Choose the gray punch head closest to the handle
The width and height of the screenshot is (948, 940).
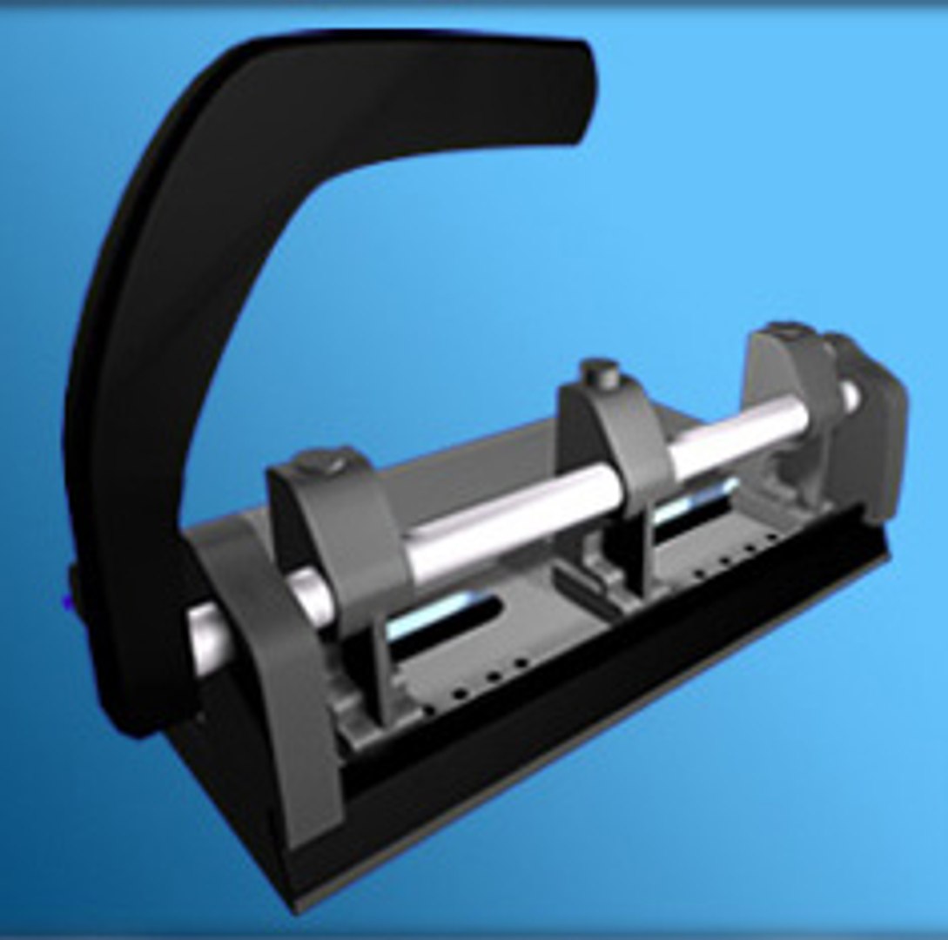tap(348, 540)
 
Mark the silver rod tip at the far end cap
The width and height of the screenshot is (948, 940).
tap(848, 396)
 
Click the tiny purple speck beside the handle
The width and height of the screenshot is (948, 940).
tap(67, 601)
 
